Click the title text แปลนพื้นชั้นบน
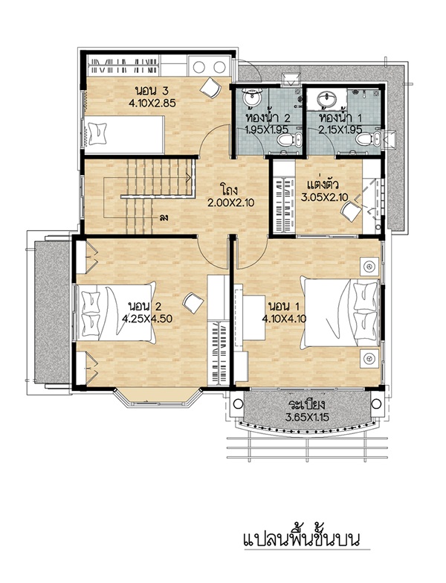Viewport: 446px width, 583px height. pyautogui.click(x=302, y=540)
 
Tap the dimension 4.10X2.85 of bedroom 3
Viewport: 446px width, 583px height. pyautogui.click(x=152, y=103)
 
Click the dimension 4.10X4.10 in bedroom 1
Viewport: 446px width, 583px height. pyautogui.click(x=284, y=319)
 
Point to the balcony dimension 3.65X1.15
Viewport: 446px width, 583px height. pyautogui.click(x=307, y=417)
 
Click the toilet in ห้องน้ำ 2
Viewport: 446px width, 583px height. pyautogui.click(x=287, y=140)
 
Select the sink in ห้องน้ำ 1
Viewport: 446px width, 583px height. pyautogui.click(x=327, y=99)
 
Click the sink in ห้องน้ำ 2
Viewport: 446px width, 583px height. pyautogui.click(x=252, y=98)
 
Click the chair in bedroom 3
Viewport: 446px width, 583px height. pyautogui.click(x=210, y=87)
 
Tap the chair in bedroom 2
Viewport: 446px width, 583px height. pyautogui.click(x=193, y=302)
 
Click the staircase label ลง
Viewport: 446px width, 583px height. pyautogui.click(x=164, y=217)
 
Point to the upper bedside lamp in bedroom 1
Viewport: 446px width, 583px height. pyautogui.click(x=369, y=267)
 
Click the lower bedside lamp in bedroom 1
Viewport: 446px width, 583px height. pyautogui.click(x=369, y=358)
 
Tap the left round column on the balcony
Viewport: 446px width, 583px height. pyautogui.click(x=238, y=404)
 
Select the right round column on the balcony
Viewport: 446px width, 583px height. pyautogui.click(x=376, y=404)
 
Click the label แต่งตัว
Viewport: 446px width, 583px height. pyautogui.click(x=323, y=185)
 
